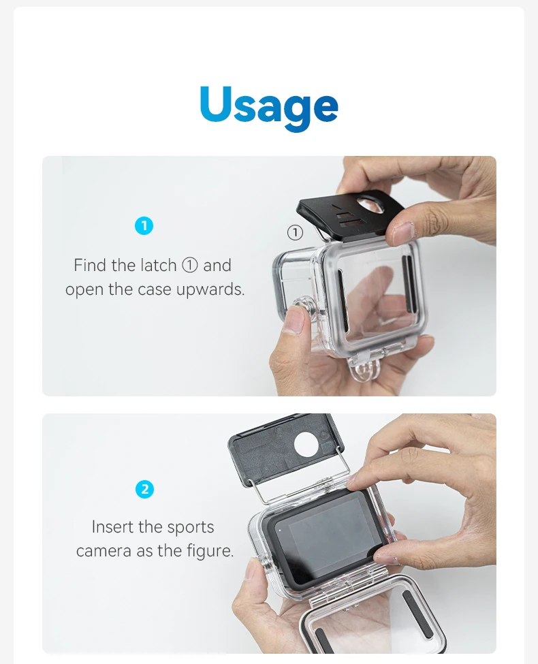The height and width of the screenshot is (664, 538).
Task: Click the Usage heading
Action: [x=269, y=106]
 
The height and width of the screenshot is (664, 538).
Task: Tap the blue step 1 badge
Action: [x=144, y=225]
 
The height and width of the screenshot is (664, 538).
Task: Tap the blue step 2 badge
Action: [x=144, y=489]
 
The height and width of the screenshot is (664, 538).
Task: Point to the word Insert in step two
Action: [x=112, y=527]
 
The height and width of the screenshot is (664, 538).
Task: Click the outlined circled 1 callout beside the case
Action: [x=296, y=232]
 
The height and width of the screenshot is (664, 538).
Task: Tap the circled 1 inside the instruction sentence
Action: [x=190, y=266]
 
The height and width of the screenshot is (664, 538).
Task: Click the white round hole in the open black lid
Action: [x=308, y=444]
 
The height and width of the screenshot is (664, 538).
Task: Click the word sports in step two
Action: [x=191, y=528]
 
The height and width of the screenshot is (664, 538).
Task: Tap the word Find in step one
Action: [x=91, y=266]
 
